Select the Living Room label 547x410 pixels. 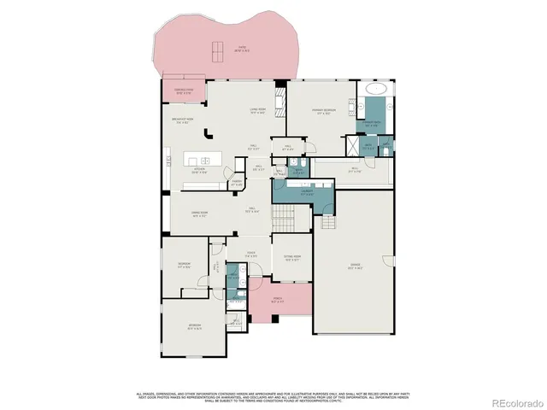click(x=256, y=109)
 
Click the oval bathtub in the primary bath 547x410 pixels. click(x=376, y=89)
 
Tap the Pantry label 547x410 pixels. click(x=237, y=183)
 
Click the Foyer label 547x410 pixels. click(x=251, y=254)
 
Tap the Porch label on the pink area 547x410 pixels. click(x=276, y=302)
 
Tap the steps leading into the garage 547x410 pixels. click(x=329, y=220)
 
